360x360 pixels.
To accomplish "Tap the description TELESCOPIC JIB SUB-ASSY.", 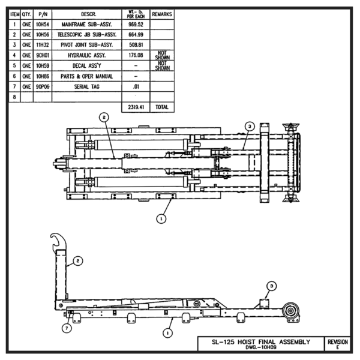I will pyautogui.click(x=86, y=34).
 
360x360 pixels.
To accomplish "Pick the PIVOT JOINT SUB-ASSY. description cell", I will pyautogui.click(x=86, y=44).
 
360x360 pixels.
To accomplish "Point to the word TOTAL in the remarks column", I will pyautogui.click(x=161, y=106).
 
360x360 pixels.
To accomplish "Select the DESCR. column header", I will pyautogui.click(x=86, y=14).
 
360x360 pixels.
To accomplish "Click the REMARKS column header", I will pyautogui.click(x=161, y=14).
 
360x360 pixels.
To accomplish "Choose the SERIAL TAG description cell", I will pyautogui.click(x=86, y=86).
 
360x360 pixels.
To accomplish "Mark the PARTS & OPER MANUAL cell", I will pyautogui.click(x=86, y=76).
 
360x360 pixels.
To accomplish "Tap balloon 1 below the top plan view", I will pyautogui.click(x=161, y=219).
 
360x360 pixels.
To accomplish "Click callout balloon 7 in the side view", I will pyautogui.click(x=67, y=328).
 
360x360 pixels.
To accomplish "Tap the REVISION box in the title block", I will pyautogui.click(x=337, y=343).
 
